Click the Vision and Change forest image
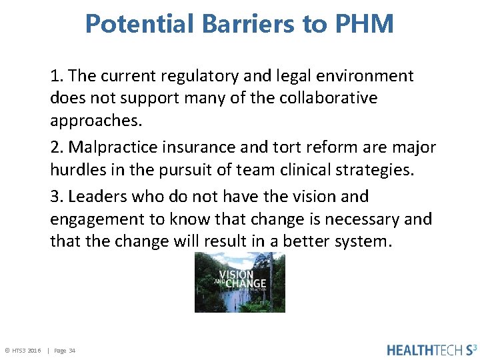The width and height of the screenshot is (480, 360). (239, 282)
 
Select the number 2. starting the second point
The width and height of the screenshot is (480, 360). (57, 147)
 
